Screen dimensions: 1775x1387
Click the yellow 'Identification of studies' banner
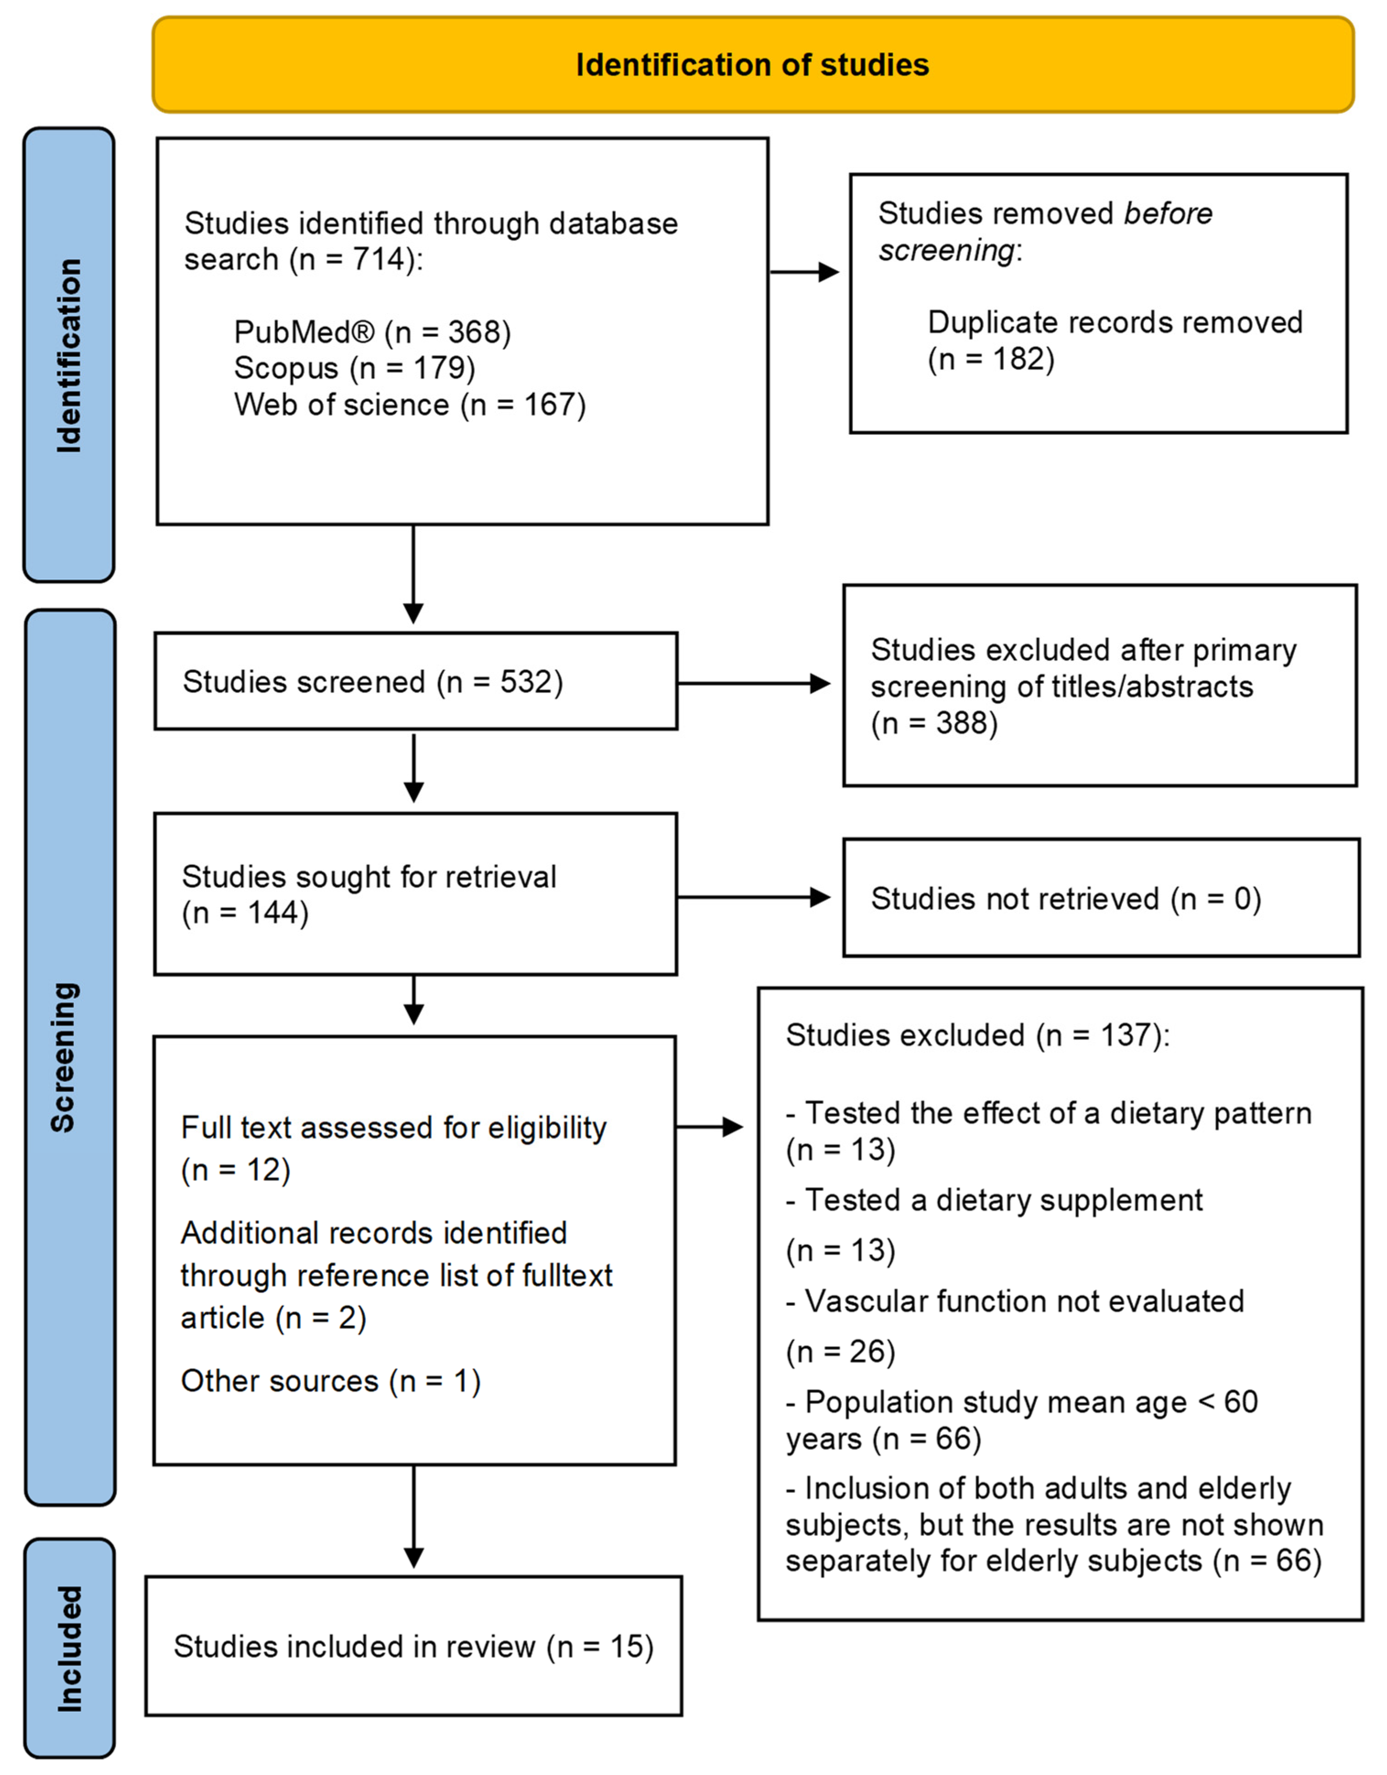[x=752, y=64]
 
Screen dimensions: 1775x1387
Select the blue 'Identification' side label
[x=69, y=355]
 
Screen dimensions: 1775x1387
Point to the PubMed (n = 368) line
[x=372, y=332]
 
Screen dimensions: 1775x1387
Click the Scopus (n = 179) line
[x=354, y=368]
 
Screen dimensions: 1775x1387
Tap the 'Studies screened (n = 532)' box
[x=415, y=681]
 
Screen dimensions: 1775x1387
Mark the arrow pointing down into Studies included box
[x=414, y=1516]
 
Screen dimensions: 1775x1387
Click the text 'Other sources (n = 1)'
[x=331, y=1381]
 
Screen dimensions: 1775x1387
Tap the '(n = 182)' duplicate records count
[x=991, y=359]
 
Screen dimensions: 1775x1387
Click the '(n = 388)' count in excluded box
[x=934, y=723]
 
